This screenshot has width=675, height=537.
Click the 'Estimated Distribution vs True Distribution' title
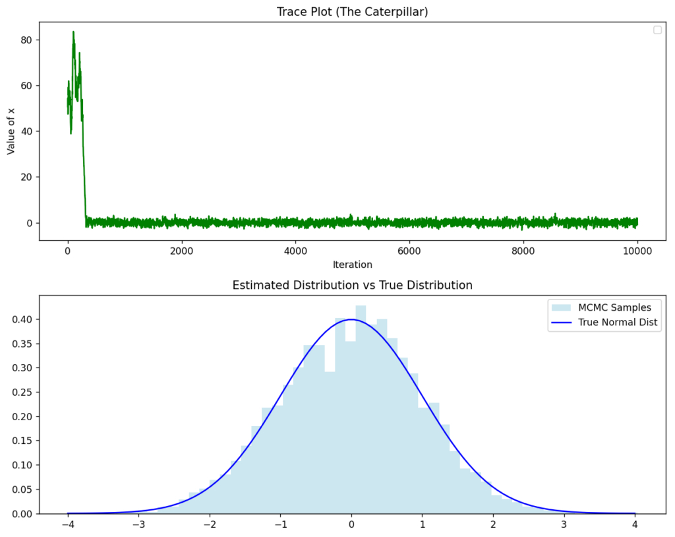point(352,286)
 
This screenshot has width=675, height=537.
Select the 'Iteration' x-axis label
point(352,265)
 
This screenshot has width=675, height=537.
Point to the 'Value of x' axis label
point(11,131)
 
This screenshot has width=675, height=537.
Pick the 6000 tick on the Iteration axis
point(409,251)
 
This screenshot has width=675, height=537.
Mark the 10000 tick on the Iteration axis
point(637,251)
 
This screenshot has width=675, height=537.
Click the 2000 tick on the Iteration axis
point(181,251)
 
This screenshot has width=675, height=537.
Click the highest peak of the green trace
point(73,32)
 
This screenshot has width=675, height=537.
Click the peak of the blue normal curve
point(351,319)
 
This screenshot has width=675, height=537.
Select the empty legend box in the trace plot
point(657,30)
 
